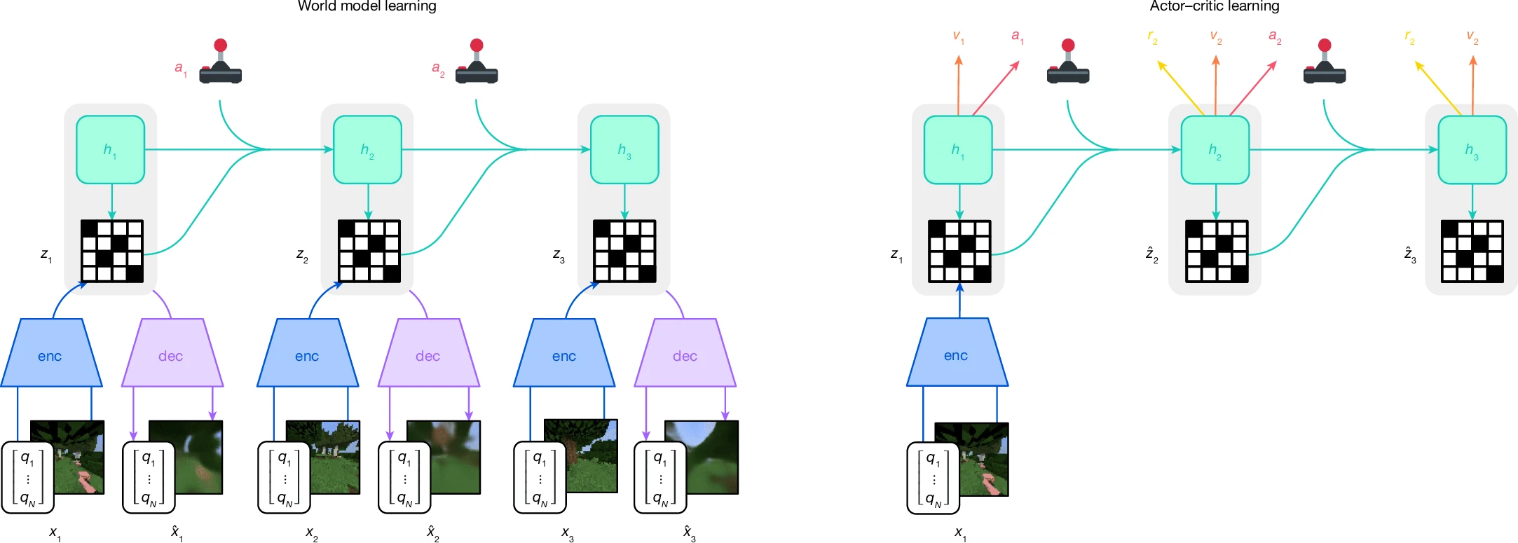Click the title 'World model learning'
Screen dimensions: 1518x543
(367, 6)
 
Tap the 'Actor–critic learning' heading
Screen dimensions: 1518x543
(1215, 6)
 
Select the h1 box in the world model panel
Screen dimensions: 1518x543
(111, 150)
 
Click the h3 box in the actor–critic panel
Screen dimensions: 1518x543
(1472, 150)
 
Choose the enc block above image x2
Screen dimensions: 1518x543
(308, 353)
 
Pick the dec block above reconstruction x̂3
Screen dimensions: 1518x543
(685, 353)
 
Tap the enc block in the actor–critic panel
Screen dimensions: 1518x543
(957, 352)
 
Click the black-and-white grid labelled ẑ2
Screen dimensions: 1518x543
(1217, 252)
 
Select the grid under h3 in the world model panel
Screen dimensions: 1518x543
(625, 252)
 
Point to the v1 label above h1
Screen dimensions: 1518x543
(958, 36)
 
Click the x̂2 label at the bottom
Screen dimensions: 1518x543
(433, 533)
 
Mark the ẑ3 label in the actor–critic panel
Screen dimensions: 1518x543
(1410, 254)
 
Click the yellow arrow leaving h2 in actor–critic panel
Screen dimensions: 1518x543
(1181, 88)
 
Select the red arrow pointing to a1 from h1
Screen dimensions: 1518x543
(996, 88)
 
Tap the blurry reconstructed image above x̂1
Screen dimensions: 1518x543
(186, 457)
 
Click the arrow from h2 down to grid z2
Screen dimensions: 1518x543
(368, 202)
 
